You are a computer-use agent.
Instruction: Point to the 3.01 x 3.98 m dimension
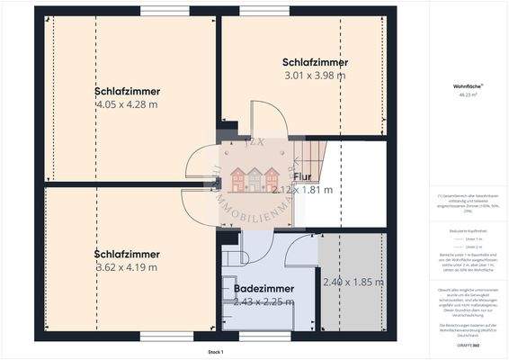pyautogui.click(x=314, y=76)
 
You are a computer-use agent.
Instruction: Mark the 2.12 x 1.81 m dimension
pyautogui.click(x=302, y=190)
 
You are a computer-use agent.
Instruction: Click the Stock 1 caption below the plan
pyautogui.click(x=215, y=351)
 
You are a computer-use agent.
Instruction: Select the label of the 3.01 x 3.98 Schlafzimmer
pyautogui.click(x=314, y=63)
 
